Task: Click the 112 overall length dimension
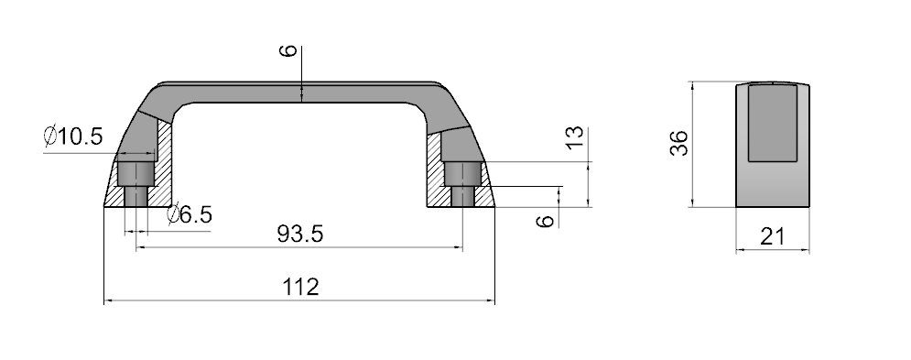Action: pos(300,287)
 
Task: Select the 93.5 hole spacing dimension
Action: pos(299,234)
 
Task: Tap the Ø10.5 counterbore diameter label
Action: pos(73,136)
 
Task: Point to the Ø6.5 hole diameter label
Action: pos(190,214)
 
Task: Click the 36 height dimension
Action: pos(678,143)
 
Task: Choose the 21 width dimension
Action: pos(772,236)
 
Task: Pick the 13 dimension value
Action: pos(574,136)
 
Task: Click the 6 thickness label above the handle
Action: pos(288,50)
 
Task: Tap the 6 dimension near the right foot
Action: pos(545,221)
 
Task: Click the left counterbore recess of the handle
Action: pos(136,173)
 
